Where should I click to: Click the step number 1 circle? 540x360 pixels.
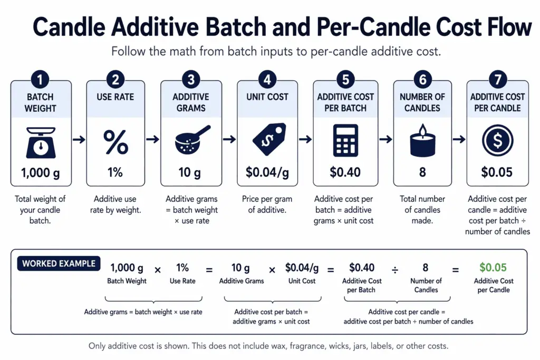tap(41, 81)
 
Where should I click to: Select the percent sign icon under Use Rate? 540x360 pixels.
tap(115, 141)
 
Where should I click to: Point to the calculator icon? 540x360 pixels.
tap(345, 140)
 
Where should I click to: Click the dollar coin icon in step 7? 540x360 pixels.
tap(497, 141)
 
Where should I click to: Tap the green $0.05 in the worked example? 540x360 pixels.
tap(493, 268)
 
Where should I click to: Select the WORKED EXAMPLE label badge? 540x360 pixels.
tap(59, 264)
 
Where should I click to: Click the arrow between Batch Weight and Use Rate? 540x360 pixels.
tap(79, 139)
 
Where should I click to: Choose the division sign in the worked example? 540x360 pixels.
tap(394, 270)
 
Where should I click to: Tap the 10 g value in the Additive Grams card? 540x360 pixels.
tap(190, 172)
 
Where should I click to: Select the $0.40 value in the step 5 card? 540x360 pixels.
tap(345, 172)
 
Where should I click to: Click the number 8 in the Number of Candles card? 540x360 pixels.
tap(422, 172)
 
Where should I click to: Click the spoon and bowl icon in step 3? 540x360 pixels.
tap(191, 140)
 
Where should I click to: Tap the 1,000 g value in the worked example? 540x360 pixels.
tap(127, 268)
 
